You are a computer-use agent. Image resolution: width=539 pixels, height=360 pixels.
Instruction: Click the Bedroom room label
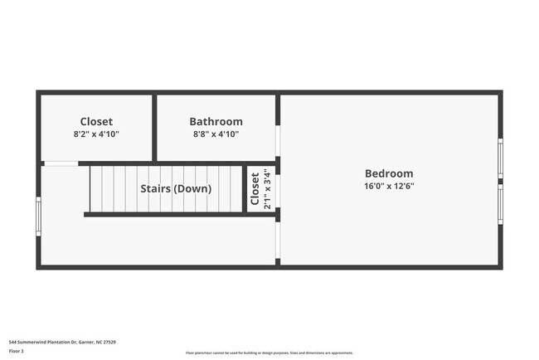tap(389, 173)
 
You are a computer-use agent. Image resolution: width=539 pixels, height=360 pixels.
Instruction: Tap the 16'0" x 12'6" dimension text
tap(389, 187)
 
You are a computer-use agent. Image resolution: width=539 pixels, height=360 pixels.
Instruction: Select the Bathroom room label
tap(216, 121)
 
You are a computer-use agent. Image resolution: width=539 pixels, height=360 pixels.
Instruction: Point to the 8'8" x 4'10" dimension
tap(216, 134)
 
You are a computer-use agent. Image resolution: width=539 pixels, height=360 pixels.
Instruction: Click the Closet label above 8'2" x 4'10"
tap(96, 121)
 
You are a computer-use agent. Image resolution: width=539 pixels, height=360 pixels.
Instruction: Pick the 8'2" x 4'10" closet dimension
tap(96, 134)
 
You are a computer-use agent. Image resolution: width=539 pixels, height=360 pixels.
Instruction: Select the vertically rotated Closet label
tap(255, 189)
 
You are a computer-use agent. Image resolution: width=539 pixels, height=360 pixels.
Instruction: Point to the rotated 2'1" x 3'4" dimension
tap(266, 189)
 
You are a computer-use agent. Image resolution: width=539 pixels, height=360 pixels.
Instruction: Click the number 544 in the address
tap(13, 342)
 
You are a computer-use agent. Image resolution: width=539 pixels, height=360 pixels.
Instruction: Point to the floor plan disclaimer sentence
tap(269, 352)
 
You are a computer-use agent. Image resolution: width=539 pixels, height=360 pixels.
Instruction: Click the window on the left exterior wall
tap(38, 216)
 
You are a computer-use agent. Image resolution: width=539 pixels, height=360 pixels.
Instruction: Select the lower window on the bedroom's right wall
tap(500, 203)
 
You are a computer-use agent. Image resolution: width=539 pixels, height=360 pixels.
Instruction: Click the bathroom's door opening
tap(278, 141)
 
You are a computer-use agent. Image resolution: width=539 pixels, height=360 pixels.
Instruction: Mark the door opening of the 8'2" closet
tap(61, 163)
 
